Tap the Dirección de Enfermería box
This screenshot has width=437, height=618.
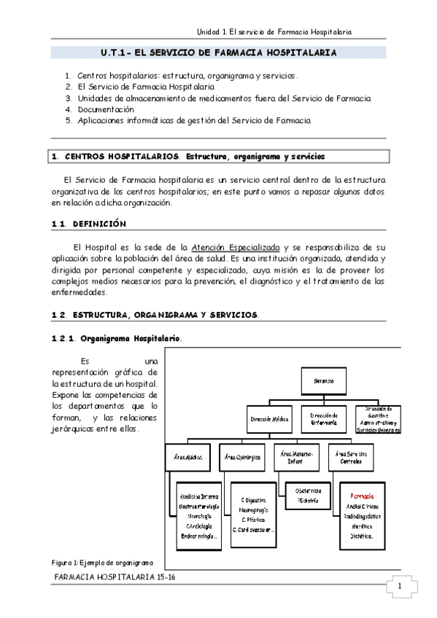(322, 421)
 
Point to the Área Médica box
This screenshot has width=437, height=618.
(188, 457)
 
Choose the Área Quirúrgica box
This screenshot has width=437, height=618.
(245, 457)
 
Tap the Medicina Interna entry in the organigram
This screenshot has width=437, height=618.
(198, 496)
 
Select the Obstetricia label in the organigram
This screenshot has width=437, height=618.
(309, 490)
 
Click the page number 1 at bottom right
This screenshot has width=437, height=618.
(400, 587)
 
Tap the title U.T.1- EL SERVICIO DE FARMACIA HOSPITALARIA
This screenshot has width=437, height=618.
(219, 53)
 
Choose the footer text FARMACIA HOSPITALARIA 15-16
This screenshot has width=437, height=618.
(116, 576)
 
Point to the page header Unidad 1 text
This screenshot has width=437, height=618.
(275, 32)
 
